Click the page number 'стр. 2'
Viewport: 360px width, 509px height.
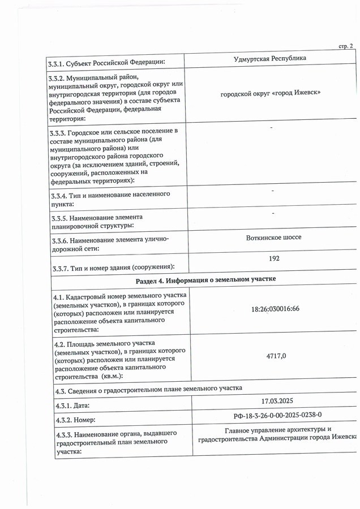click(x=346, y=46)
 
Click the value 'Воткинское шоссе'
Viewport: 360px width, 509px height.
click(x=274, y=237)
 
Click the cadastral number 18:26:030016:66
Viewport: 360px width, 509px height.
click(x=275, y=309)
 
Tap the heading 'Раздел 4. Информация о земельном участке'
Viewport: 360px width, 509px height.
click(x=205, y=282)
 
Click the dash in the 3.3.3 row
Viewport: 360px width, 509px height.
click(x=272, y=128)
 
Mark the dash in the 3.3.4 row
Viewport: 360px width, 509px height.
click(x=273, y=191)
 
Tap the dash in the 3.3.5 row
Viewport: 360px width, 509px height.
click(x=273, y=213)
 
